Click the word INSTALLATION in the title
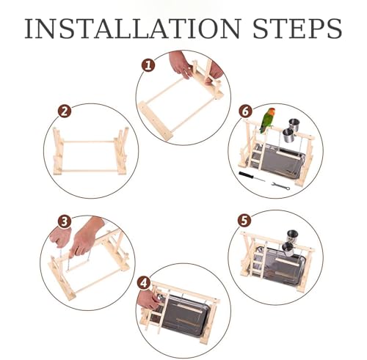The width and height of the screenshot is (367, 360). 133,29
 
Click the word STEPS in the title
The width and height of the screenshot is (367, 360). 297,29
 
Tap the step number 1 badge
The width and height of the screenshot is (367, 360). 148,65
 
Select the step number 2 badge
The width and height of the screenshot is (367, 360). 65,111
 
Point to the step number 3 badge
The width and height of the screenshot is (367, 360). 65,222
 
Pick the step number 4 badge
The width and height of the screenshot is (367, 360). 144,283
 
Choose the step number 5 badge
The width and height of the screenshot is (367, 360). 244,221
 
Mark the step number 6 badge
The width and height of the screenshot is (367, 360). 245,111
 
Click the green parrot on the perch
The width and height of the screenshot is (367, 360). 267,120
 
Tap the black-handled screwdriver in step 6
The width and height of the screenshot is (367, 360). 252,177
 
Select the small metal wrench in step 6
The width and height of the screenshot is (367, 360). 281,185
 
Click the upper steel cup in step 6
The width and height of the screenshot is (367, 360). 294,125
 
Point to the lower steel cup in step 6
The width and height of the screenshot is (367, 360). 288,136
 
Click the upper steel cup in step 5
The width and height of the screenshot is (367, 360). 292,236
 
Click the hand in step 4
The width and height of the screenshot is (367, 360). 148,300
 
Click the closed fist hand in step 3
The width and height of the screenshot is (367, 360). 60,236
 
